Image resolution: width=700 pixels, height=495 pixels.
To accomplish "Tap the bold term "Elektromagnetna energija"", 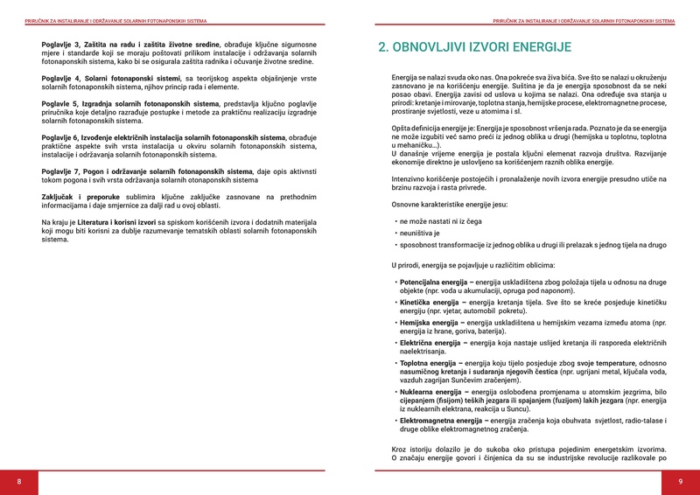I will [x=442, y=421].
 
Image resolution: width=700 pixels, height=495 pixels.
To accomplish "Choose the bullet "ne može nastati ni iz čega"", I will [x=443, y=221].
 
